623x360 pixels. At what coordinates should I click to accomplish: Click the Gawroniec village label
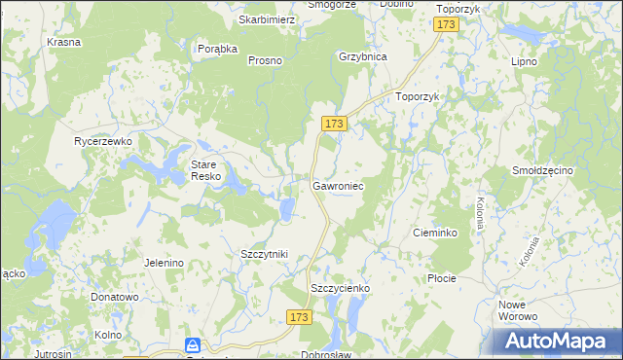pos(338,184)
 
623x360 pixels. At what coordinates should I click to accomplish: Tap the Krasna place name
pos(63,43)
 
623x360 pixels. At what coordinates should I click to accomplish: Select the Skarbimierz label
pos(267,19)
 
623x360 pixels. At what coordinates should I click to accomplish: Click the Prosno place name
pos(265,60)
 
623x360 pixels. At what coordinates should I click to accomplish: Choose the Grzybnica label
pos(363,56)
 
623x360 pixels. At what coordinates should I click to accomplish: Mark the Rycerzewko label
pos(103,141)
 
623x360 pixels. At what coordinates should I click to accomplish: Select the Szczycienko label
pos(340,288)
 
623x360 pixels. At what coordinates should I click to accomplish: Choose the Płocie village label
pos(442,278)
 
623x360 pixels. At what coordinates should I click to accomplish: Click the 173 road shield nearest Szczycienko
pos(300,317)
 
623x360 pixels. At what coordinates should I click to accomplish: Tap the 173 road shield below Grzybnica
pos(334,124)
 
